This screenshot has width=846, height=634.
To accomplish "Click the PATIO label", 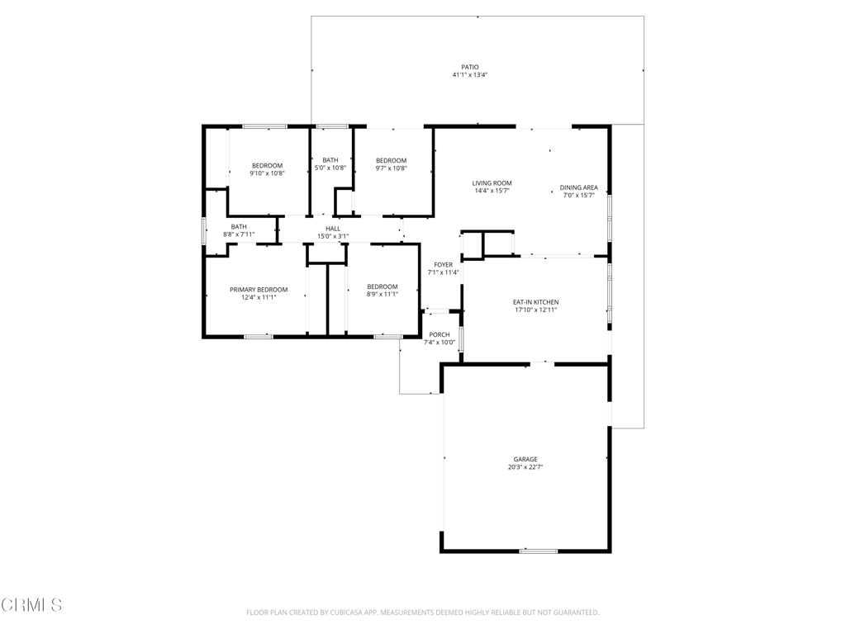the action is tap(470, 68).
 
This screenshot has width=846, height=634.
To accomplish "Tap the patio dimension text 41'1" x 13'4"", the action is tap(470, 75).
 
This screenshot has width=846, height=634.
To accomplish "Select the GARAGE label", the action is tap(525, 460).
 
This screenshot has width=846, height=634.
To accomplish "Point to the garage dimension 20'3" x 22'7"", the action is tap(525, 467).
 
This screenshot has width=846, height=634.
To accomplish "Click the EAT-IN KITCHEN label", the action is tap(535, 302).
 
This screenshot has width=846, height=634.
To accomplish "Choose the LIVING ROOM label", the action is tap(492, 183).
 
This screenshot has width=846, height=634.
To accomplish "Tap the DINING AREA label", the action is tap(579, 187).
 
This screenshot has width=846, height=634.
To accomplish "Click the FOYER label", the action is tap(444, 265).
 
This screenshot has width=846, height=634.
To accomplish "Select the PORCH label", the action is tap(440, 335).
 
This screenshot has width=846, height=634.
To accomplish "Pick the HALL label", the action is tap(333, 229).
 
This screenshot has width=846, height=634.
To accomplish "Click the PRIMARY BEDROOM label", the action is tap(259, 290).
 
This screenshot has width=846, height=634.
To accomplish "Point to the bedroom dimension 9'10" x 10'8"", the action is tap(267, 173).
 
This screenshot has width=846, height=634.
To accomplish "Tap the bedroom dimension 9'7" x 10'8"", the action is tap(391, 168).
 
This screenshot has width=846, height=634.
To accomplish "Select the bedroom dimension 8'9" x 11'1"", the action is tap(383, 295).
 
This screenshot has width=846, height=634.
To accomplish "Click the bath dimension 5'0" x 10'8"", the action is tap(330, 168).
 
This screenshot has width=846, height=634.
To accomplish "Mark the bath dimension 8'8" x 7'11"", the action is tap(239, 234).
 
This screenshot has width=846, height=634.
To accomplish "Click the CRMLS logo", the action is tap(31, 605).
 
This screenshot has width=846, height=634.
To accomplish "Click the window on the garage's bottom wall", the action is tap(539, 551).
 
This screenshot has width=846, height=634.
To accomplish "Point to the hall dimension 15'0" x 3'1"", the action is tap(333, 236).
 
